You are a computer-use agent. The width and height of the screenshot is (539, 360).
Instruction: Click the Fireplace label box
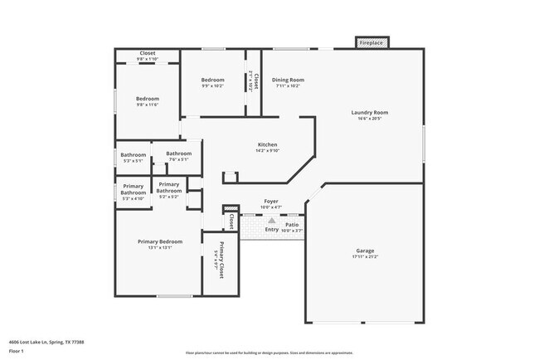click(371, 42)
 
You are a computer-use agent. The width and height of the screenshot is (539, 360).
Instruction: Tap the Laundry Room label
click(370, 112)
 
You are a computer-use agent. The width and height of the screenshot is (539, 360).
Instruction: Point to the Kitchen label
click(266, 145)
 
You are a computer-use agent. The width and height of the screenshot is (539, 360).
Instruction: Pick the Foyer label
click(270, 201)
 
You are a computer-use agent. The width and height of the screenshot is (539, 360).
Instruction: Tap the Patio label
click(292, 224)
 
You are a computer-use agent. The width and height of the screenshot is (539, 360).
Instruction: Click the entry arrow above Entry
click(271, 221)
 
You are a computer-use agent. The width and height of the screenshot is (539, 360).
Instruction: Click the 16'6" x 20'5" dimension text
click(370, 119)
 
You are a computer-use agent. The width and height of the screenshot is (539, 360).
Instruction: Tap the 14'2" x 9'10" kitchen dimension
click(266, 151)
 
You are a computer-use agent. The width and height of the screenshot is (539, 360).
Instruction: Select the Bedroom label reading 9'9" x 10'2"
click(212, 80)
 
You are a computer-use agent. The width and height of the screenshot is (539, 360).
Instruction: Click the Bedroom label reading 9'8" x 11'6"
click(147, 99)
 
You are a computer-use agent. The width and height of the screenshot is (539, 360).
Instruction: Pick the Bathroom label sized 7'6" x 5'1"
click(178, 153)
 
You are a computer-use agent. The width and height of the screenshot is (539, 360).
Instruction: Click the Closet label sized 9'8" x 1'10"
click(147, 53)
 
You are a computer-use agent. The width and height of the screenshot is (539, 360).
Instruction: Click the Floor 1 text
click(17, 351)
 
